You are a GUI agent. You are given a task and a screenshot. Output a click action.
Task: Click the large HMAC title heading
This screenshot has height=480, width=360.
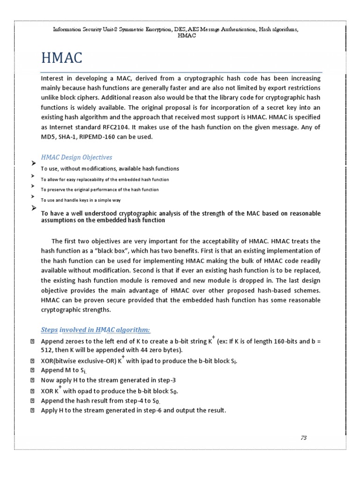[62, 58]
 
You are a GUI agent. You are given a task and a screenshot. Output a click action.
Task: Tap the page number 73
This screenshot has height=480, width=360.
[304, 438]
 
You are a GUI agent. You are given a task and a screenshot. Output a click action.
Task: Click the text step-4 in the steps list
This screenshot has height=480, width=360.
[133, 401]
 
